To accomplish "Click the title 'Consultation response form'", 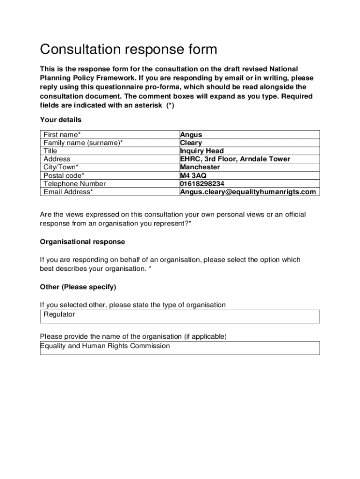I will [129, 49].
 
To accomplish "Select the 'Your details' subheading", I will [61, 120].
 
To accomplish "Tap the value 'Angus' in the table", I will [191, 135].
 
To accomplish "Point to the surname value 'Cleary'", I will [191, 143].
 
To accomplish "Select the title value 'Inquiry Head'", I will [202, 151].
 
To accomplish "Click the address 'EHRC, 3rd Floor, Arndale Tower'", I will [235, 159].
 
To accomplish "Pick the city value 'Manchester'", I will [200, 167].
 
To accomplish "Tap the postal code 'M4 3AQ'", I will [193, 175].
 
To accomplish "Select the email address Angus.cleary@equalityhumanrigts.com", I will [248, 192].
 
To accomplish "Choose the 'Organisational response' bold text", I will [83, 242].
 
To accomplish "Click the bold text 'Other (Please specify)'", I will [78, 287].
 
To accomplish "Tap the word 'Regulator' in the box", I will [59, 314].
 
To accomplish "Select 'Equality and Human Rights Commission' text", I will [105, 346].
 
